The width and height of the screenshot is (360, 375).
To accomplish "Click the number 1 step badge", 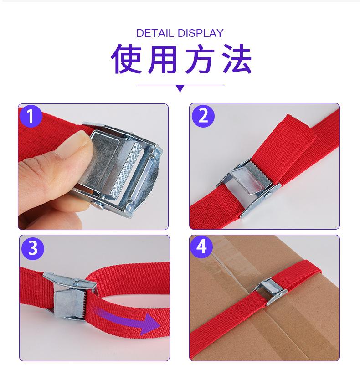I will pos(31,116).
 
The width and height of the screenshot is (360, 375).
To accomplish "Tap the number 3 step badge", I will pos(32,248).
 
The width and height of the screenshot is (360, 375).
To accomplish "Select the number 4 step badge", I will pos(202,247).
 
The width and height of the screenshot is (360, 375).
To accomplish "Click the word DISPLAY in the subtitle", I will pos(201,33).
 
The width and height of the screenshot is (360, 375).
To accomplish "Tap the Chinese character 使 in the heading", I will pos(125,60).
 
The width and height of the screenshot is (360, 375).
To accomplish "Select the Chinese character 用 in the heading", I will pos(162,60).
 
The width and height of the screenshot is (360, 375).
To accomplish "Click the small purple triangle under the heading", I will pos(180,88).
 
